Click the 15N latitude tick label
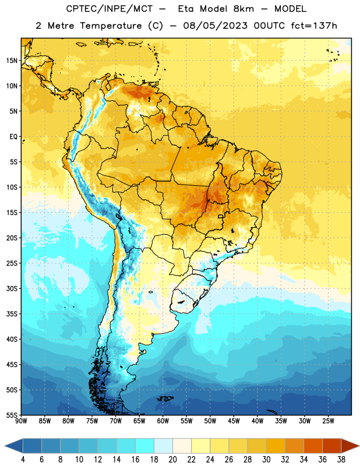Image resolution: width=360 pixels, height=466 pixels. [x=12, y=61]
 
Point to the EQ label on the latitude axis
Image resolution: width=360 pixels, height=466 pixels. [x=13, y=137]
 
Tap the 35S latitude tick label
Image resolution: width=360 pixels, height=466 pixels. [x=12, y=314]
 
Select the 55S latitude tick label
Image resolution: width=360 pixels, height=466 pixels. [x=12, y=415]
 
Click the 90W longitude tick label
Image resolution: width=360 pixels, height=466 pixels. [x=21, y=421]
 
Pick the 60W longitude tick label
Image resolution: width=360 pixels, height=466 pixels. [x=163, y=421]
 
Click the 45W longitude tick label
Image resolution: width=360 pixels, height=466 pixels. [x=234, y=421]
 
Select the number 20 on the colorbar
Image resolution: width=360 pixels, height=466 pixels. [x=172, y=460]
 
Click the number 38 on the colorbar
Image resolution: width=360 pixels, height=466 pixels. [x=341, y=460]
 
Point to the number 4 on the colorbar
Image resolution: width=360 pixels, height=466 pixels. [x=23, y=460]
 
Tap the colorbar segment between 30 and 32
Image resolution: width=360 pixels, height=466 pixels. [x=276, y=446]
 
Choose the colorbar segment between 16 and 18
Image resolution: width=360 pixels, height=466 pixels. [x=144, y=446]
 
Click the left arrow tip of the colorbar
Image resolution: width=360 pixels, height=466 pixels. [x=5, y=446]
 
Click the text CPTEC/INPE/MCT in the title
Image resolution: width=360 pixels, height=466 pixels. [x=109, y=9]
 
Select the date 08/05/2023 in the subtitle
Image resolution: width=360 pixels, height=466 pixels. [x=215, y=26]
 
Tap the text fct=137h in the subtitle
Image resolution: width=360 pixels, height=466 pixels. [x=314, y=26]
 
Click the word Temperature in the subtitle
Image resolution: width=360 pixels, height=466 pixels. [x=111, y=26]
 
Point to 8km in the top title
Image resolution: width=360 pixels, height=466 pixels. [x=243, y=9]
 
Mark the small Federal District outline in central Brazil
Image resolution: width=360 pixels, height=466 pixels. [x=221, y=216]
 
